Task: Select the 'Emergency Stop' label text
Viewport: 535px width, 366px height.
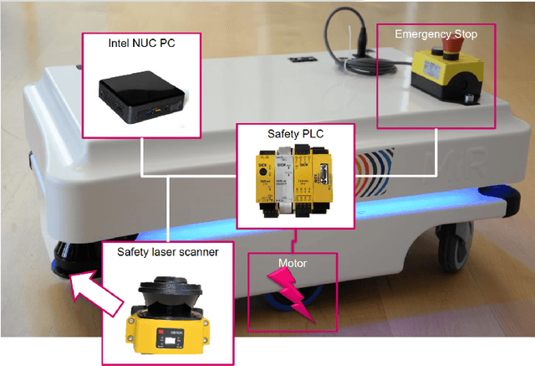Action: (435, 34)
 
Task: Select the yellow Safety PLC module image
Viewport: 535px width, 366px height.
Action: (294, 181)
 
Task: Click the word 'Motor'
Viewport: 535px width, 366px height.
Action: (293, 263)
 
